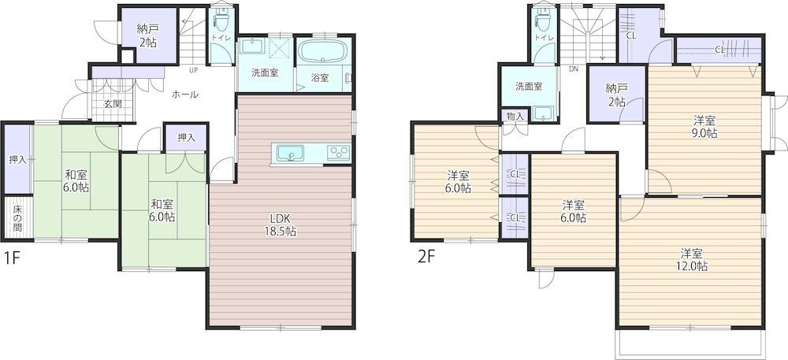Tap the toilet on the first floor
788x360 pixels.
click(x=220, y=19)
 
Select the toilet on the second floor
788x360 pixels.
click(x=543, y=19)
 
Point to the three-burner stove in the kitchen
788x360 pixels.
click(x=338, y=153)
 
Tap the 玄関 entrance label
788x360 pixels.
click(x=113, y=105)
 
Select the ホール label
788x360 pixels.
click(x=185, y=95)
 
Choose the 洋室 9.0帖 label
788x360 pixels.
click(x=705, y=127)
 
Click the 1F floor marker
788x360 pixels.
click(x=12, y=258)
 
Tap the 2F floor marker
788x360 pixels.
click(x=426, y=257)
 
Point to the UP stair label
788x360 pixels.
click(x=193, y=70)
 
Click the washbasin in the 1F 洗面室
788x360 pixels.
click(x=251, y=47)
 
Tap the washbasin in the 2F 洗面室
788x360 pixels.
click(x=543, y=114)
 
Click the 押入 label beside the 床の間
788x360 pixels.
click(x=17, y=160)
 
